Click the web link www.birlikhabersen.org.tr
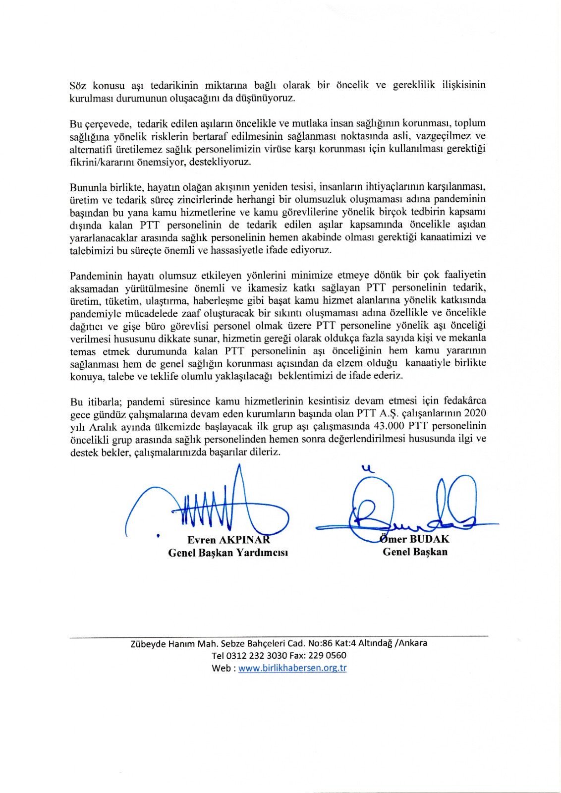292,668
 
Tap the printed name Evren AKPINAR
228,540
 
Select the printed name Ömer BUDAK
415,539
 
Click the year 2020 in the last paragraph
475,413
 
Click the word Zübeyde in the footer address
148,643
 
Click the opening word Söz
78,85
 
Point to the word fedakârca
465,400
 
